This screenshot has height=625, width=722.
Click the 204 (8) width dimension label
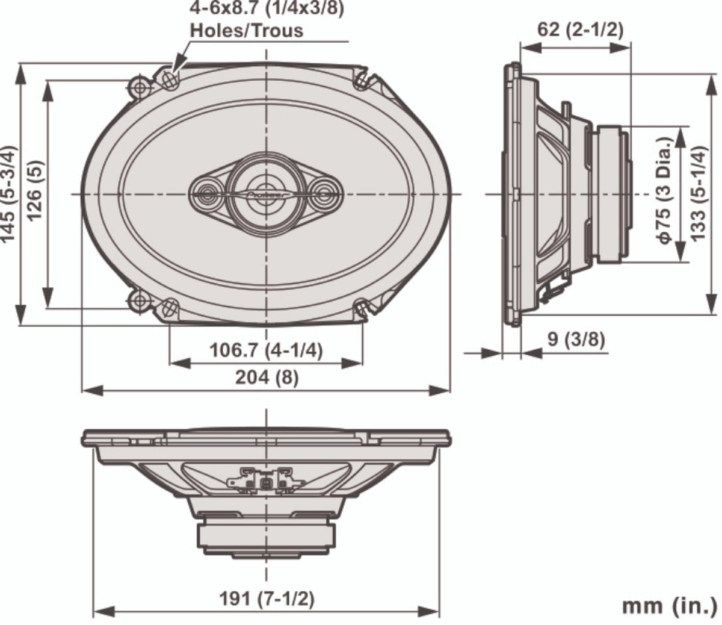(x=267, y=378)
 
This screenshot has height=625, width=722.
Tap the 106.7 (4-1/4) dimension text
(x=266, y=350)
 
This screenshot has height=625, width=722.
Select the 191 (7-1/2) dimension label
(x=267, y=599)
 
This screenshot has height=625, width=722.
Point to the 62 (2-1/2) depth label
(x=580, y=30)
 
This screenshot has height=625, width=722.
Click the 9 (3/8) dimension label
(x=576, y=339)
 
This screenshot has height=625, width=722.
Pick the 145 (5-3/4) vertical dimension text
(x=8, y=194)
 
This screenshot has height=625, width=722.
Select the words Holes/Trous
(x=247, y=31)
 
